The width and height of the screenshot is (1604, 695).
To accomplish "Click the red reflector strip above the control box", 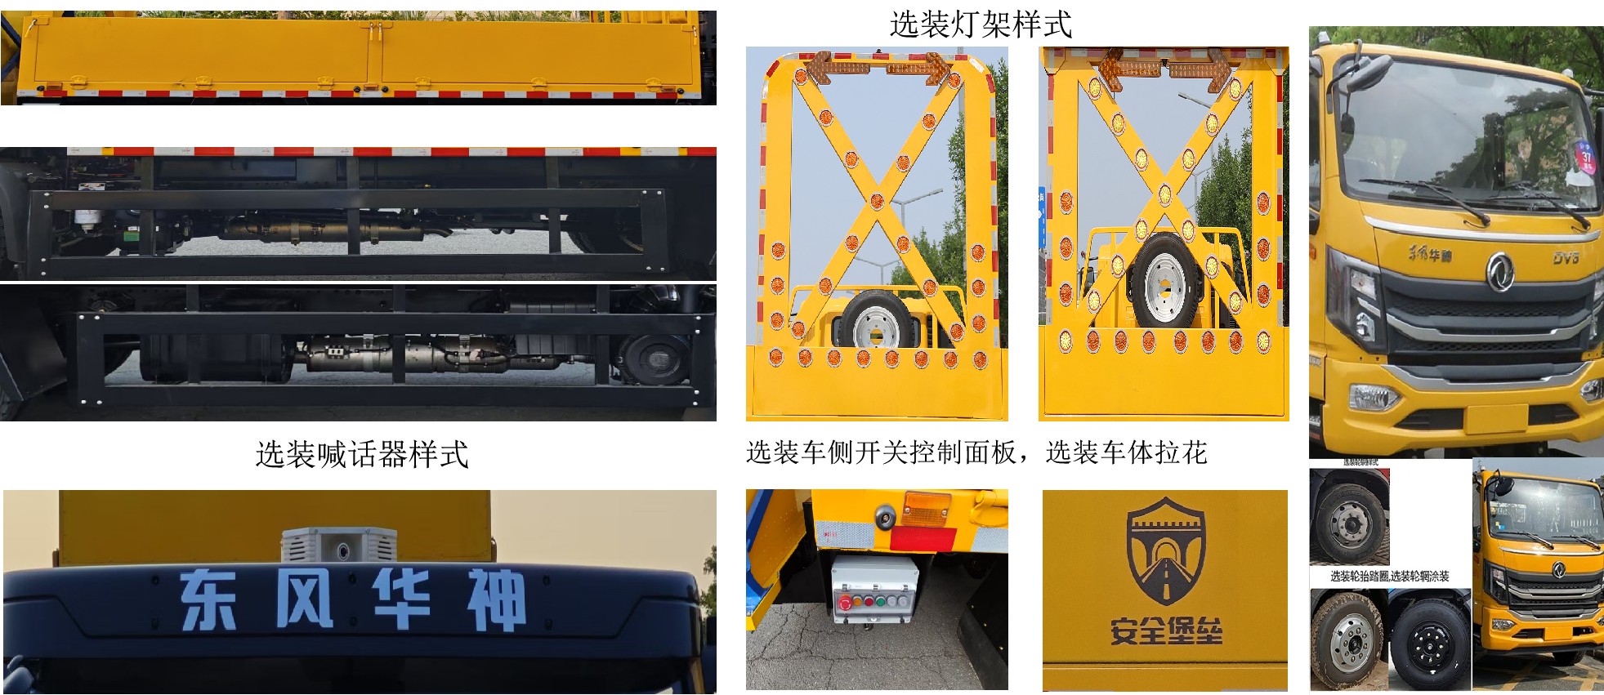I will (x=922, y=539).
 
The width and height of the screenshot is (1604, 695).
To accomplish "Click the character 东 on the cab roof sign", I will (x=208, y=599).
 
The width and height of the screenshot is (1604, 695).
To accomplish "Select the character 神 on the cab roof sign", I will (x=495, y=600).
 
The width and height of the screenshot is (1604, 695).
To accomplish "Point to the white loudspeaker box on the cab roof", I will (x=338, y=544).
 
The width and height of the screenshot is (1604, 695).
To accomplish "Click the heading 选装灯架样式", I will (x=980, y=25).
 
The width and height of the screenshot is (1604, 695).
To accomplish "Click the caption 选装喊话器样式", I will (x=362, y=455).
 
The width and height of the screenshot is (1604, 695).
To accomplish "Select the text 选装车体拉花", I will (x=1126, y=452).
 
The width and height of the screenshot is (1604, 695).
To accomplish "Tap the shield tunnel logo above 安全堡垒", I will (x=1164, y=552).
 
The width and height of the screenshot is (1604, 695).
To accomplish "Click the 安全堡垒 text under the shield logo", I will (x=1165, y=631).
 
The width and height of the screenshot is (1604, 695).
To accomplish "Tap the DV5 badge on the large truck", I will (x=1566, y=258).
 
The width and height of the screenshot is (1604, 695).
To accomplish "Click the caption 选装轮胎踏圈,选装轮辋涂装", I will (x=1389, y=577).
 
